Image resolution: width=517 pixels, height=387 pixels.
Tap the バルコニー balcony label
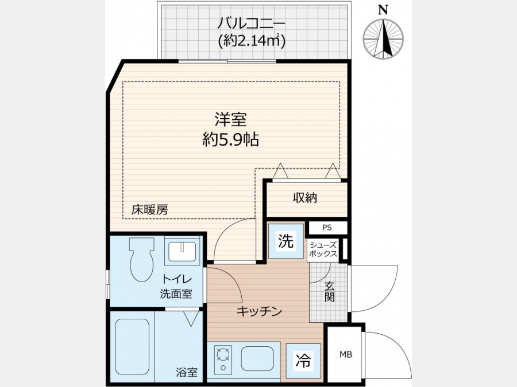(x=251, y=24)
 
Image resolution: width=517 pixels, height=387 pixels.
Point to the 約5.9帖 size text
(x=230, y=140)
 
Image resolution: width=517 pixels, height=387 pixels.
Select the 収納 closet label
(x=305, y=197)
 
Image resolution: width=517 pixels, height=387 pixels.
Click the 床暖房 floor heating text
(x=150, y=210)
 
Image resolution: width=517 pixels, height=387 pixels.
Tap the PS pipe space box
(x=327, y=228)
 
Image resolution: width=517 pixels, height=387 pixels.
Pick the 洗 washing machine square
(x=286, y=241)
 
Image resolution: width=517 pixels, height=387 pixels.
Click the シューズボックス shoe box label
(x=323, y=249)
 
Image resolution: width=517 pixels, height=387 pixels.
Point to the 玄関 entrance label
(x=329, y=292)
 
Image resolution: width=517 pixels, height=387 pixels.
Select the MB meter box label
(x=346, y=354)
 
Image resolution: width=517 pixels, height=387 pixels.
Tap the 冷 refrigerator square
(x=303, y=361)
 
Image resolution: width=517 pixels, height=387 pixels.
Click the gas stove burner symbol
(x=223, y=359)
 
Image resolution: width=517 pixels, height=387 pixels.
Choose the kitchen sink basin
(x=257, y=359)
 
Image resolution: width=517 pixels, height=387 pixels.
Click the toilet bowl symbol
(x=142, y=260)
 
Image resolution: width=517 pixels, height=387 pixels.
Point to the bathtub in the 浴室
(x=132, y=346)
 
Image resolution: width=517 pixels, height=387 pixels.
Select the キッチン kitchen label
(x=259, y=311)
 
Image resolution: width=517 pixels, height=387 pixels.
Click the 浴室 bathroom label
(x=187, y=372)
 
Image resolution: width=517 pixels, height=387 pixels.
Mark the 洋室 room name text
(x=230, y=119)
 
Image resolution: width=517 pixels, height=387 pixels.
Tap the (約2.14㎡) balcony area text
(x=251, y=41)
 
